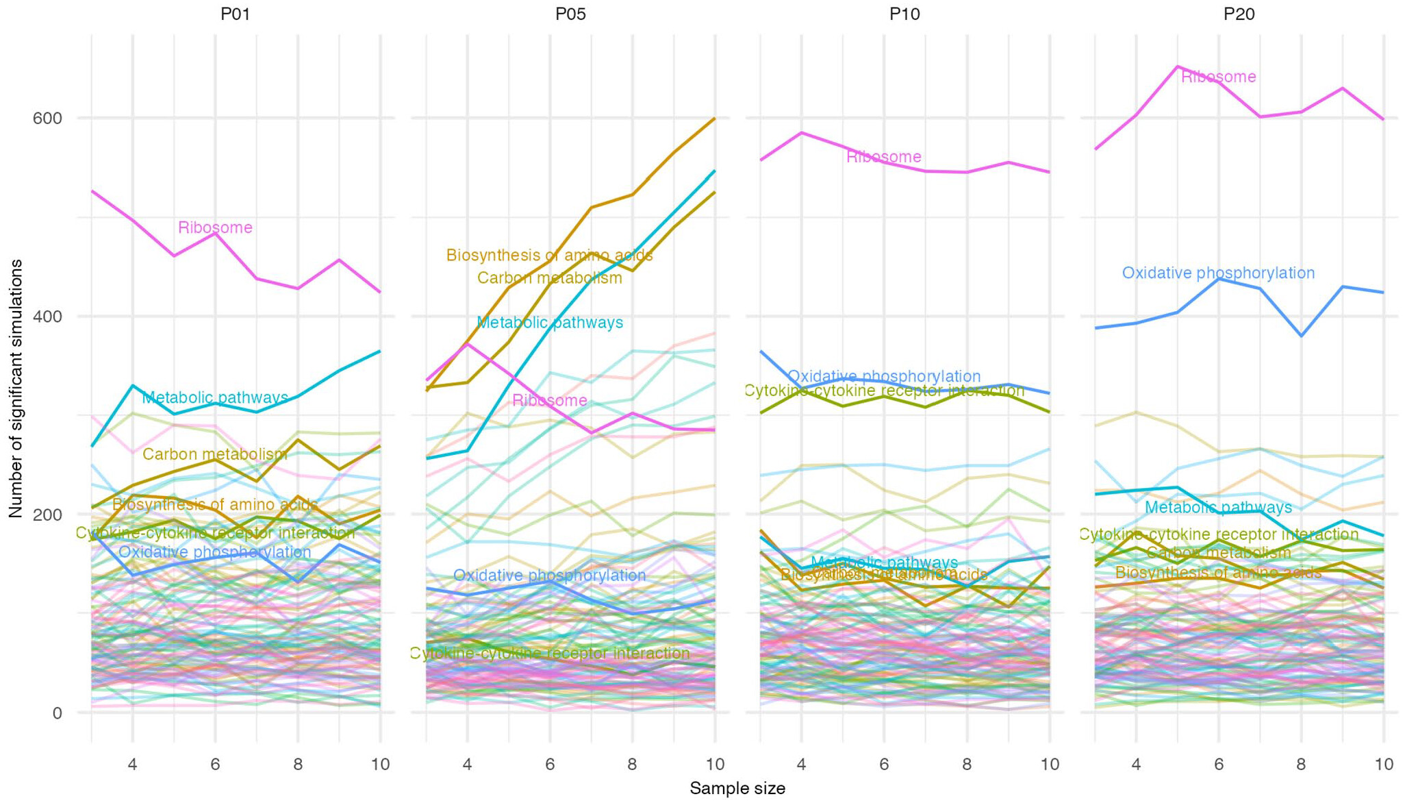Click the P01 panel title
point(235,14)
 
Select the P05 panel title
point(570,14)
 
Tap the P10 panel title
point(904,14)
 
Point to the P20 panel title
point(1239,14)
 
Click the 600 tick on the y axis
point(47,119)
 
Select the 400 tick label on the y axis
point(47,317)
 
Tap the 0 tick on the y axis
point(57,713)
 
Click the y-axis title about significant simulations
point(16,388)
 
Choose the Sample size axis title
point(737,789)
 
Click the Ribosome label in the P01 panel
point(215,227)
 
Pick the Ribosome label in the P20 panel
point(1219,77)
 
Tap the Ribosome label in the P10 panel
point(884,157)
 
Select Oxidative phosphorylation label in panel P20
point(1218,273)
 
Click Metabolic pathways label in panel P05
point(550,323)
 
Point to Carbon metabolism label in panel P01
point(215,454)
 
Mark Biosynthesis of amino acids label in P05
point(550,256)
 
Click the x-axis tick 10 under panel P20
point(1384,764)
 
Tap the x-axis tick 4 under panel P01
point(133,764)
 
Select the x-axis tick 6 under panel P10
point(884,764)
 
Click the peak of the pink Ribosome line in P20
point(1177,66)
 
